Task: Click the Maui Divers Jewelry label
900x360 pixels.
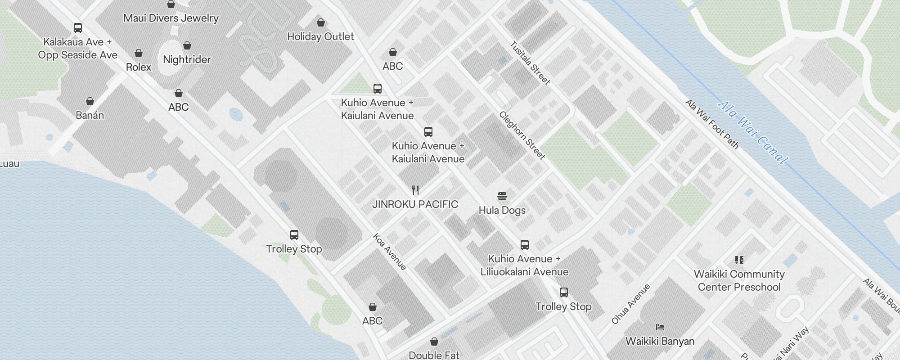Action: click(x=171, y=18)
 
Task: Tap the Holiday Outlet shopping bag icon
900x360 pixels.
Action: click(x=321, y=22)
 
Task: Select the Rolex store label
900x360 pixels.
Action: click(x=139, y=67)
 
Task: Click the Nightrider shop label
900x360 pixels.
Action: click(x=187, y=59)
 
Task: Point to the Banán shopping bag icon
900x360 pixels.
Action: click(x=90, y=101)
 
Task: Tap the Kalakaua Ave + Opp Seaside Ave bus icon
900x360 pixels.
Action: click(x=78, y=28)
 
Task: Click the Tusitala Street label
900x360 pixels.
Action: click(x=530, y=63)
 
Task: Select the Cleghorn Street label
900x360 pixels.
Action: click(x=522, y=135)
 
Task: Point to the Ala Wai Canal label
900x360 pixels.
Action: click(x=752, y=132)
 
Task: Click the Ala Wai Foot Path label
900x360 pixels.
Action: click(x=712, y=124)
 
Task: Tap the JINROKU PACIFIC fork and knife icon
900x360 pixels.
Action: click(x=415, y=190)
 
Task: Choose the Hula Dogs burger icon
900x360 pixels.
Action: click(x=502, y=196)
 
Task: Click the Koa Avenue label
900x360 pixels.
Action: click(x=390, y=252)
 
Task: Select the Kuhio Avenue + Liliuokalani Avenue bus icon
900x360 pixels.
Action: click(x=524, y=245)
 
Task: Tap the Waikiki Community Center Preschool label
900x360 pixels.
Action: click(x=739, y=280)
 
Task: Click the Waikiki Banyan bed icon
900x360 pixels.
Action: click(x=660, y=327)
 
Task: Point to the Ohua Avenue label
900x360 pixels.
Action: click(x=631, y=304)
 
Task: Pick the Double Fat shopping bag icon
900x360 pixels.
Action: click(x=434, y=342)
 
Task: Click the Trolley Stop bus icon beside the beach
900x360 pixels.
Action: click(x=294, y=235)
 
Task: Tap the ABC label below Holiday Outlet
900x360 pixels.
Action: click(x=392, y=66)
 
